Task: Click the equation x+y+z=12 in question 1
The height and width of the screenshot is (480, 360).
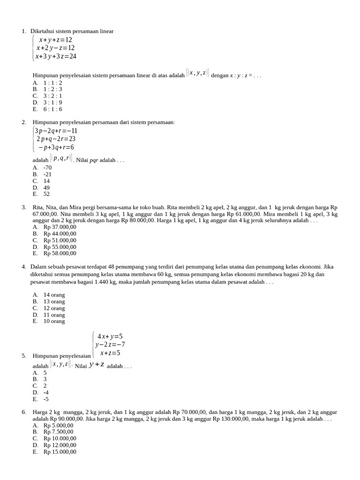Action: click(x=55, y=40)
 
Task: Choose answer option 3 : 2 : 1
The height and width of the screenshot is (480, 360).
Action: click(x=52, y=96)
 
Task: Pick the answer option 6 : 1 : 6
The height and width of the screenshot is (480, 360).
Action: click(x=52, y=109)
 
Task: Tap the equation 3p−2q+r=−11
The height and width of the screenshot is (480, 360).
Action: click(x=56, y=131)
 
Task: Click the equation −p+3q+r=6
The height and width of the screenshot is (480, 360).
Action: click(x=56, y=147)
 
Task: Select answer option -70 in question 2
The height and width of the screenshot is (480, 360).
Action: click(x=47, y=167)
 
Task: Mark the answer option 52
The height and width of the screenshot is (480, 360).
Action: click(x=46, y=194)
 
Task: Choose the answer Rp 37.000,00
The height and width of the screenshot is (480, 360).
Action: click(x=60, y=227)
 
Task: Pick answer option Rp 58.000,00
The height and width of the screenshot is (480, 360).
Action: click(x=60, y=254)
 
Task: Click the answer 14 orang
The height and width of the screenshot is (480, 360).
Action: click(x=54, y=295)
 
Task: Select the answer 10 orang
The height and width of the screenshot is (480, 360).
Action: click(x=54, y=322)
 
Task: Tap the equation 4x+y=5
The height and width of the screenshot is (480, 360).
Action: click(x=110, y=336)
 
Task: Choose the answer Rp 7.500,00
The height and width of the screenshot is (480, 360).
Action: click(x=58, y=432)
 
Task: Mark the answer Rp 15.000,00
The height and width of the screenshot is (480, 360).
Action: click(x=60, y=452)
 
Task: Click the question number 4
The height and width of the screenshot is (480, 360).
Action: click(x=23, y=267)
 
